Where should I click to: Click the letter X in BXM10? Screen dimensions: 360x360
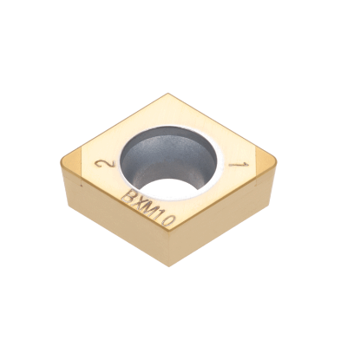point(141,204)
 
